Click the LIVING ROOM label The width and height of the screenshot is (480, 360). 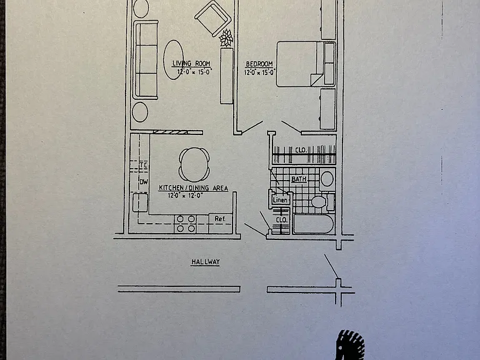pyautogui.click(x=191, y=64)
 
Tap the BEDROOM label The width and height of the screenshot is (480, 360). pyautogui.click(x=259, y=64)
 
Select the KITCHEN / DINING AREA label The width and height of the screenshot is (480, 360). pyautogui.click(x=194, y=188)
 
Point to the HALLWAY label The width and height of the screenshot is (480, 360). pyautogui.click(x=206, y=262)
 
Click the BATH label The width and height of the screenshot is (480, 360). pyautogui.click(x=299, y=179)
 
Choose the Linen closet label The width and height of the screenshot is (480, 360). pyautogui.click(x=280, y=200)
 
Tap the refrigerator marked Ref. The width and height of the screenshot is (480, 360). pyautogui.click(x=221, y=224)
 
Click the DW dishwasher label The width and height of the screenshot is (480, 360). pyautogui.click(x=144, y=182)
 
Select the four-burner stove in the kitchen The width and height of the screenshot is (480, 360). pyautogui.click(x=186, y=224)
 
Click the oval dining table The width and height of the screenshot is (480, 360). pyautogui.click(x=194, y=165)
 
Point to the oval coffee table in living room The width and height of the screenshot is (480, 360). pyautogui.click(x=174, y=60)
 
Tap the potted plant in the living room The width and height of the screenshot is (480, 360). pyautogui.click(x=226, y=38)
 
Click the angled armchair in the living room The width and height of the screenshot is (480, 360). pyautogui.click(x=213, y=18)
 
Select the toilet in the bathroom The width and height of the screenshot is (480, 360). pyautogui.click(x=321, y=202)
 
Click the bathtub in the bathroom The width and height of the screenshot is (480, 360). pyautogui.click(x=314, y=224)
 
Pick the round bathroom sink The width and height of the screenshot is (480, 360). pyautogui.click(x=327, y=179)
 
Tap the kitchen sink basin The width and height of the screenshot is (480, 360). pyautogui.click(x=140, y=202)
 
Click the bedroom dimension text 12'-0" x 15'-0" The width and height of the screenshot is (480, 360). pyautogui.click(x=260, y=72)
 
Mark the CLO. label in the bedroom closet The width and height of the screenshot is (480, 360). pyautogui.click(x=301, y=150)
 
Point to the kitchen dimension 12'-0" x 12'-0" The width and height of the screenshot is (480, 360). pyautogui.click(x=185, y=195)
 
